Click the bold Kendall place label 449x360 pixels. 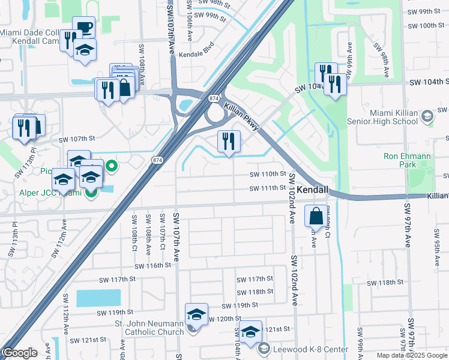click(x=313, y=190)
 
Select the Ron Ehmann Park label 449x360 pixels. click(x=408, y=161)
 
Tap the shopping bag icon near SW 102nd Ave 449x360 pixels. click(x=316, y=215)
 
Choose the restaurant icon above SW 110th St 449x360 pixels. click(x=229, y=142)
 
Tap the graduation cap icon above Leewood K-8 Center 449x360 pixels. click(x=250, y=331)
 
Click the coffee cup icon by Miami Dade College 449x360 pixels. click(x=84, y=28)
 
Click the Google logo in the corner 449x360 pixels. click(x=20, y=353)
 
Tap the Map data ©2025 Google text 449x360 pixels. click(x=412, y=355)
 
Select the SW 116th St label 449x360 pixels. click(x=149, y=265)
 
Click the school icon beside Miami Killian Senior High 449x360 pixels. click(x=427, y=115)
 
